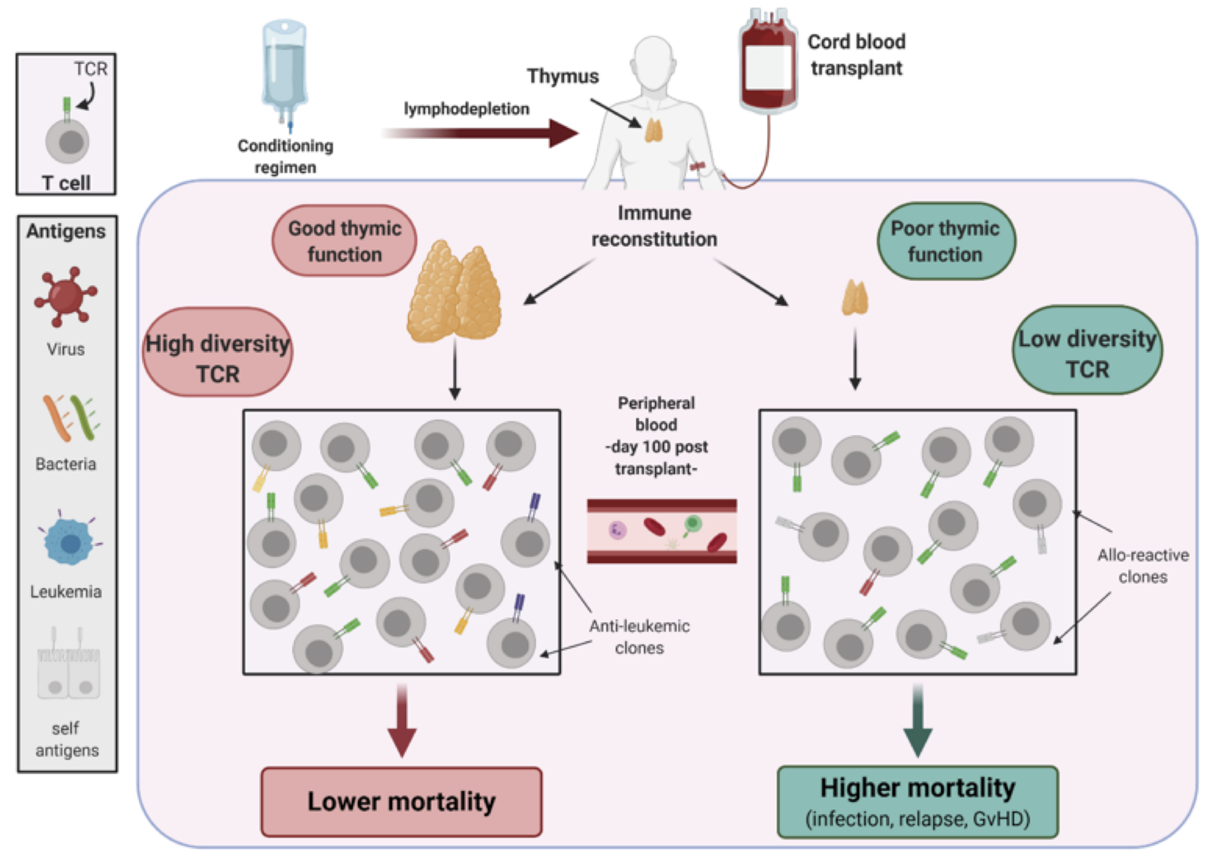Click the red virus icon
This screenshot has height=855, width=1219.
(65, 296)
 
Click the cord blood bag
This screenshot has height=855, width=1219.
(768, 63)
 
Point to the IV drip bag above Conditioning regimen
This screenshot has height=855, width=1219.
(285, 70)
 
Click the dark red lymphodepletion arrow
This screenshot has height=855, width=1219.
(482, 133)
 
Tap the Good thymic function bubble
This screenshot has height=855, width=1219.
(344, 241)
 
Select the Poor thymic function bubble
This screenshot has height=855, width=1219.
(945, 242)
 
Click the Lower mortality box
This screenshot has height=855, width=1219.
(401, 802)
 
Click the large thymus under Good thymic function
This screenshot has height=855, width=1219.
(454, 292)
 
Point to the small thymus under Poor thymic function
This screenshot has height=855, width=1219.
(854, 297)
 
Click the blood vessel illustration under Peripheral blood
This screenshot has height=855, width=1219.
(661, 531)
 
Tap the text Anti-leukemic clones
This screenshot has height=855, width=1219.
(638, 637)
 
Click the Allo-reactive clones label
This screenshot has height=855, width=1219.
(1142, 566)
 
